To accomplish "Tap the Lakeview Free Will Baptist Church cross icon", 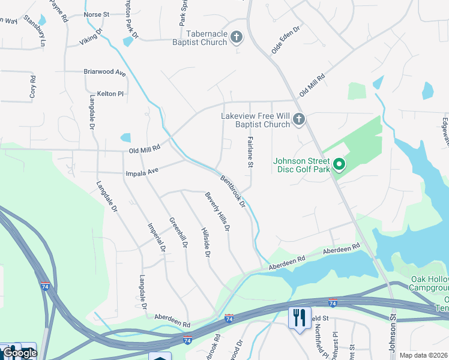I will pos(299,121).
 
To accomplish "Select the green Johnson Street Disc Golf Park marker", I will pos(339,164).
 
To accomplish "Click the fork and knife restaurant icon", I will pos(299,317).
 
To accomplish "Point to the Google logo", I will pos(20,353).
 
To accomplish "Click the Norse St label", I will pos(96,14).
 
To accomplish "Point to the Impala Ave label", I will pos(142,172).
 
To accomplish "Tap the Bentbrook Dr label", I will pos(233,191).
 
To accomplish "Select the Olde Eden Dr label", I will pos(286,40).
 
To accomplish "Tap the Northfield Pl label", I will pos(318,343).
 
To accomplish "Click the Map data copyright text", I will pos(423,355).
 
